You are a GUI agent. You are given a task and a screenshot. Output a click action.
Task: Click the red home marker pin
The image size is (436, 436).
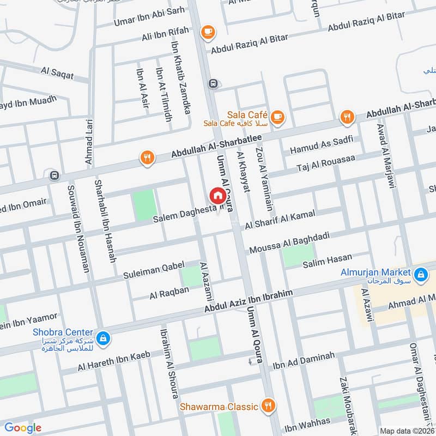tap(217, 195)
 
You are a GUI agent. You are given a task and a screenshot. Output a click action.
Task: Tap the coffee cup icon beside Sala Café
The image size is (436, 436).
tap(277, 116)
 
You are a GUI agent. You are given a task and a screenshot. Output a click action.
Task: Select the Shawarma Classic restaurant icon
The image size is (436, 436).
tap(267, 405)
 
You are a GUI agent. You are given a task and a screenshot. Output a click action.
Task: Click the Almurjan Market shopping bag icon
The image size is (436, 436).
tap(420, 276)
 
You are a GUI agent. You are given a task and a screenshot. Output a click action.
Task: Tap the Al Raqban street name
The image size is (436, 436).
tap(169, 293)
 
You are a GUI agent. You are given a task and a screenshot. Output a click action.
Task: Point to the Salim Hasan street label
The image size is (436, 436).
tap(328, 261)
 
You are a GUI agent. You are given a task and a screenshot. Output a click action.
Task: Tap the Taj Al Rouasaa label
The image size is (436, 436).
tap(325, 162)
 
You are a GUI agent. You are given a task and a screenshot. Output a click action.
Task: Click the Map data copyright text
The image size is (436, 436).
tap(407, 431)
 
